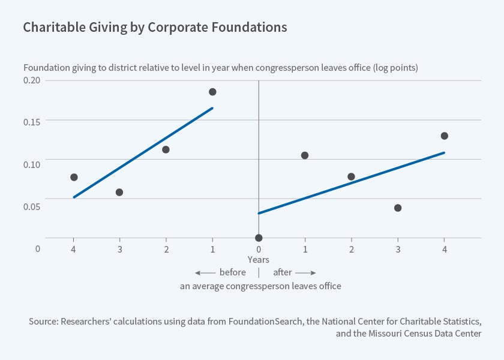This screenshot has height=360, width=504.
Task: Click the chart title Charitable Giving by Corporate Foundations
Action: coord(155,28)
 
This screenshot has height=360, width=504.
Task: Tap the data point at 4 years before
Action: coord(74,177)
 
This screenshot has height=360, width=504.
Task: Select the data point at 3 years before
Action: coord(119,192)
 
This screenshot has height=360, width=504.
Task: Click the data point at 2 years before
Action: coord(166,149)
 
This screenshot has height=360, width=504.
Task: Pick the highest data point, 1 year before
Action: coord(212,92)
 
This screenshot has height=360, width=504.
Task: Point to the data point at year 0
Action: coord(259,238)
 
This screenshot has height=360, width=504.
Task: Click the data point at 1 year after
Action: coord(305,155)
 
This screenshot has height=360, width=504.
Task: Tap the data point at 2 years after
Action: coord(351,176)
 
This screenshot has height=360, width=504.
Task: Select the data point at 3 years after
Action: coord(398,208)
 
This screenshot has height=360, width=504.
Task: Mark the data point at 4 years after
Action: coord(444,136)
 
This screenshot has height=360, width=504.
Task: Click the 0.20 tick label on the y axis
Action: coord(31,80)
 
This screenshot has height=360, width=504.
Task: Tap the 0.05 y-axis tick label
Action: coord(31,206)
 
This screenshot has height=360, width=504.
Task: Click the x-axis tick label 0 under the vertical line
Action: coord(259,248)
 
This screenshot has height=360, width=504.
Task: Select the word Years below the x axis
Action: coord(259,260)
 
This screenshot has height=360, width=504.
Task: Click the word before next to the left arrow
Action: coord(233,272)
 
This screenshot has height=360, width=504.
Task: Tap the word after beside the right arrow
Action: coord(283,272)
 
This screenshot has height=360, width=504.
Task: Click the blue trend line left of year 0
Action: coord(143,152)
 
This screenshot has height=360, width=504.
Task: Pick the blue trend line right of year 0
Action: coord(351,183)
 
